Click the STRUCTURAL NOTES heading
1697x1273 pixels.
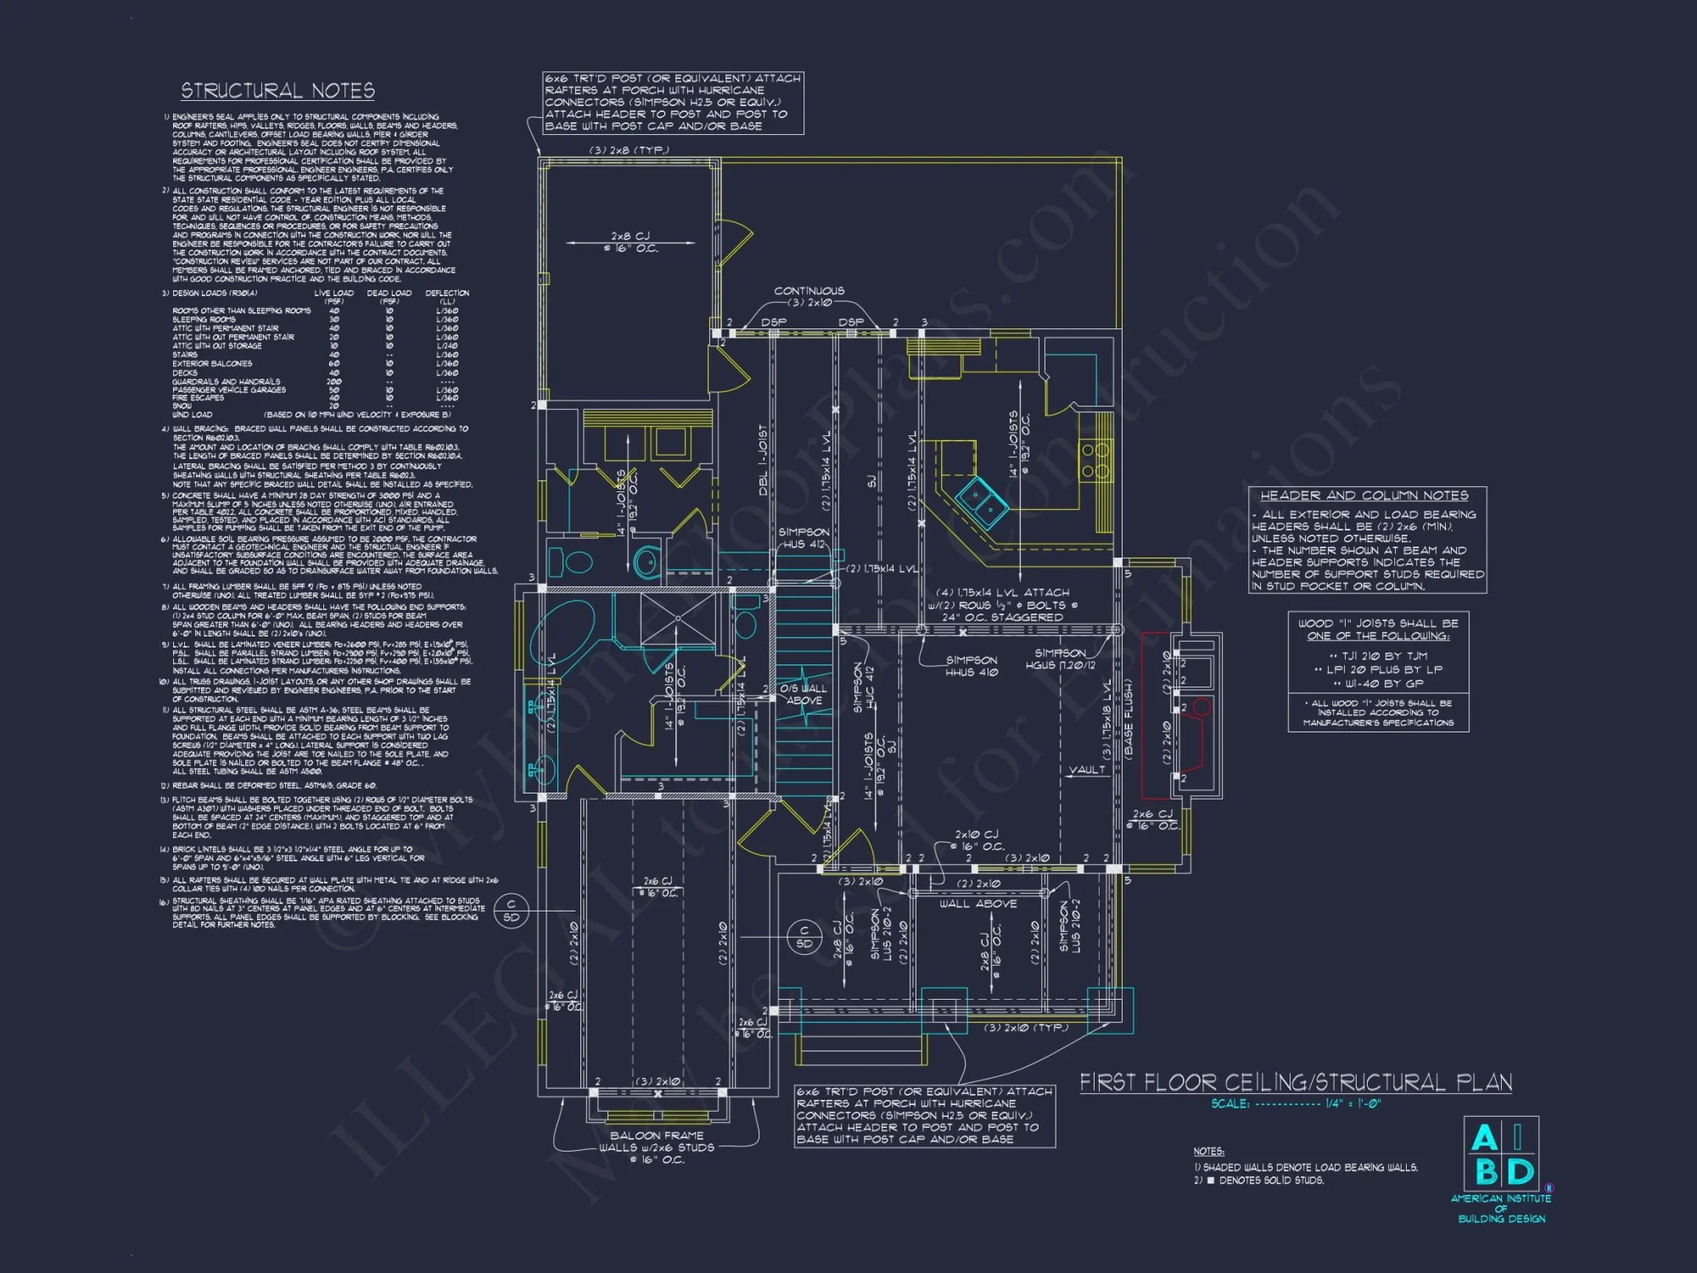pyautogui.click(x=277, y=91)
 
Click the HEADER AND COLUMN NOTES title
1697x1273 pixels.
pyautogui.click(x=1364, y=496)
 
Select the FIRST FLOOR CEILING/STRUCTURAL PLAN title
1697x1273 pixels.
pyautogui.click(x=1295, y=1083)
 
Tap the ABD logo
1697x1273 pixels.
pyautogui.click(x=1501, y=1155)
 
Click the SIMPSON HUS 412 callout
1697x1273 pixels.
pyautogui.click(x=804, y=538)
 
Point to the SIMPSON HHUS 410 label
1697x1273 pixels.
pyautogui.click(x=972, y=666)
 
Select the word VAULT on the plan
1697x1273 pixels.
pyautogui.click(x=1087, y=771)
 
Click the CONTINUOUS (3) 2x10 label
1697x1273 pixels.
pyautogui.click(x=809, y=296)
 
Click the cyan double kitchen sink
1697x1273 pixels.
pyautogui.click(x=982, y=500)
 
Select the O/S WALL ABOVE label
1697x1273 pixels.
pyautogui.click(x=804, y=694)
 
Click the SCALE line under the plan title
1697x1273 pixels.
pyautogui.click(x=1296, y=1104)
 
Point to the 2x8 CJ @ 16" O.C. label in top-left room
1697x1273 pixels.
pyautogui.click(x=630, y=242)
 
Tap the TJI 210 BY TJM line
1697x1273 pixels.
pyautogui.click(x=1378, y=656)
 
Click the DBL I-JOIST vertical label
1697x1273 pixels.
pyautogui.click(x=763, y=460)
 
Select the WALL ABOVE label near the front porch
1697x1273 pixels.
pyautogui.click(x=977, y=905)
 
